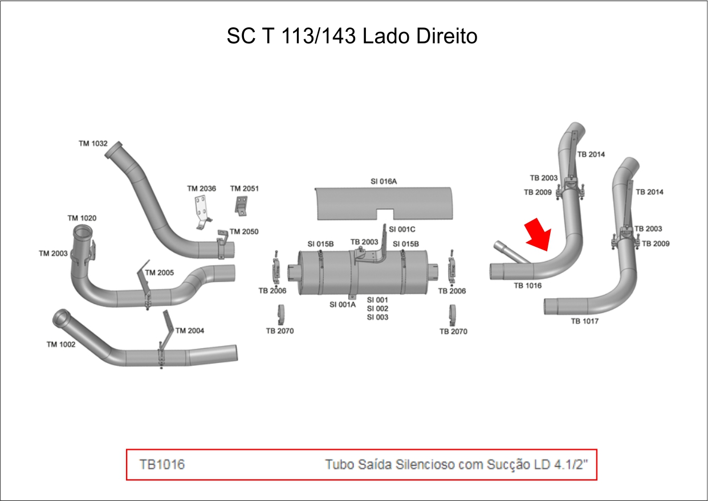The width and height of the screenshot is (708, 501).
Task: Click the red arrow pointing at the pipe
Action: [x=539, y=234]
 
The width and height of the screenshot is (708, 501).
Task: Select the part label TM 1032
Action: [x=93, y=144]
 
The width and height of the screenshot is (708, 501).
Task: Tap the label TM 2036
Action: [x=202, y=189]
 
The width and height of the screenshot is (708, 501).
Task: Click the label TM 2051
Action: [x=244, y=189]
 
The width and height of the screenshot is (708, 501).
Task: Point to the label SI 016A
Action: [x=383, y=181]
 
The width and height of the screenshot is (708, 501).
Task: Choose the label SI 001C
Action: [x=402, y=229]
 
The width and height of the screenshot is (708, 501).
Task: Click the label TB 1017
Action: [x=585, y=321]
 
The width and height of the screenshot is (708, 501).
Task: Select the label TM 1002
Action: [x=61, y=344]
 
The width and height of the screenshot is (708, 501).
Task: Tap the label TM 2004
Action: [x=190, y=331]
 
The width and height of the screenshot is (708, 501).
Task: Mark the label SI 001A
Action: [x=343, y=304]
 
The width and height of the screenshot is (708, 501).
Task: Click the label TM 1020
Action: [x=82, y=218]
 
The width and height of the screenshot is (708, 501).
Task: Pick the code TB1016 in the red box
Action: [x=162, y=465]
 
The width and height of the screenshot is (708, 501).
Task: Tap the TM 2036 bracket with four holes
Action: [x=201, y=209]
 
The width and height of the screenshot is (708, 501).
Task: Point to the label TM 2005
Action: [x=160, y=273]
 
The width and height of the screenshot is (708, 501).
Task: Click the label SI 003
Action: [x=377, y=317]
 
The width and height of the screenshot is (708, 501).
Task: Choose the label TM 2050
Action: [x=244, y=232]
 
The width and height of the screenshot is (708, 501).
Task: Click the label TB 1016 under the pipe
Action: [x=527, y=286]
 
